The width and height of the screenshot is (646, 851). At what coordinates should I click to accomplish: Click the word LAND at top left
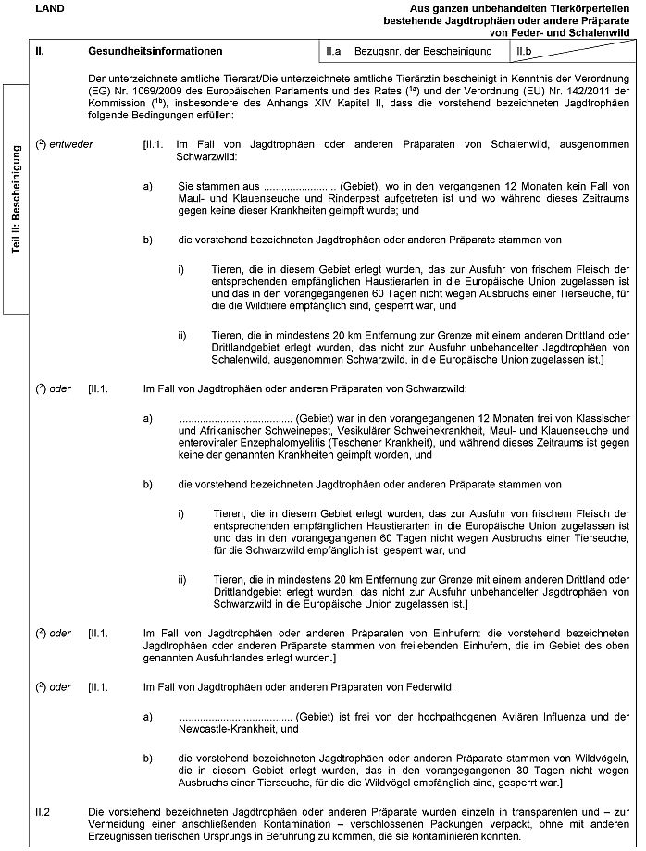point(43,7)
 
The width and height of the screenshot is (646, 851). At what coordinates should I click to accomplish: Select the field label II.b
point(525,51)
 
